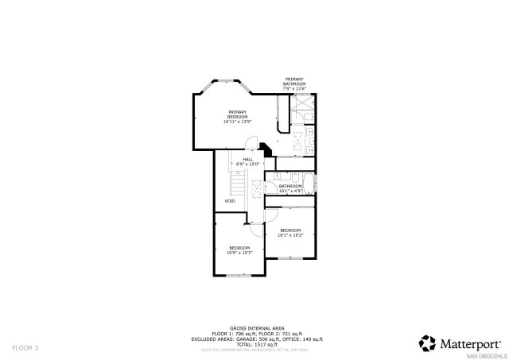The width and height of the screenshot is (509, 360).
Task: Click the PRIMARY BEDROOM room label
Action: click(237, 117)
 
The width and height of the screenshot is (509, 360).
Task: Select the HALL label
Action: click(248, 161)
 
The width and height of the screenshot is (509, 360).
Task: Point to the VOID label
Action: click(229, 201)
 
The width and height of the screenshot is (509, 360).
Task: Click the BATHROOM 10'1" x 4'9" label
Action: click(290, 188)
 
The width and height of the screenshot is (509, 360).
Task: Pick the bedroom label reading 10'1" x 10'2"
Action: click(290, 232)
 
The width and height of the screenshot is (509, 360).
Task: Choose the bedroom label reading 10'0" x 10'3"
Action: click(239, 250)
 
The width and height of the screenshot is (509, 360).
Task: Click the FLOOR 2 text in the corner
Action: click(25, 348)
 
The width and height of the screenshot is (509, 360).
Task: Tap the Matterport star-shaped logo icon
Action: click(428, 343)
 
